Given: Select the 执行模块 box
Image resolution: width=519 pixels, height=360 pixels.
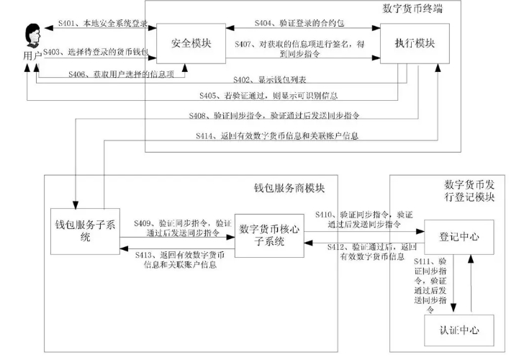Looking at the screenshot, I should click(414, 43).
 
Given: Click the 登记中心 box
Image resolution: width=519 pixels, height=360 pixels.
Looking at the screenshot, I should click(459, 235).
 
